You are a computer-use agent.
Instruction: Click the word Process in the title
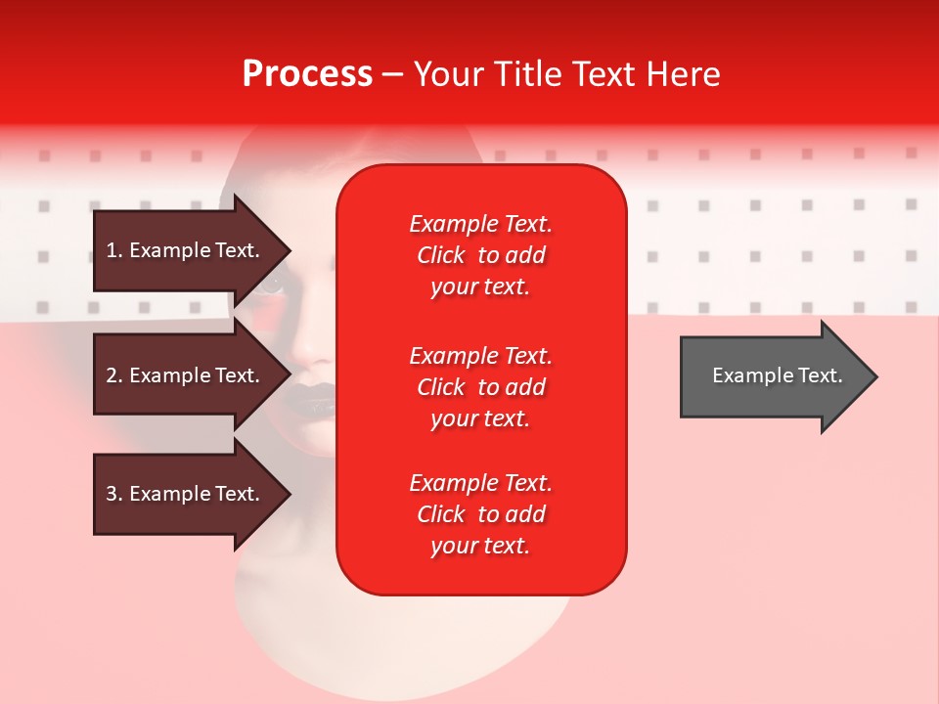307,74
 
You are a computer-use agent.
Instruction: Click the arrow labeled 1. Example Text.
192,250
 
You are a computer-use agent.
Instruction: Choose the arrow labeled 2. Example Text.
192,374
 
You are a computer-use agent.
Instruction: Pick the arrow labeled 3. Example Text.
192,494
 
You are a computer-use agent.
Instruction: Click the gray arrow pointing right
779,376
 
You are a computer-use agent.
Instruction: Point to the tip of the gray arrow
877,376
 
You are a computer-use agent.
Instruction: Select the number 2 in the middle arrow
112,375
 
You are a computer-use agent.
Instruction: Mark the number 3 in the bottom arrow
112,494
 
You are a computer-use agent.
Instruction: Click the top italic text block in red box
481,255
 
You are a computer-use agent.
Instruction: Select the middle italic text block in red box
481,387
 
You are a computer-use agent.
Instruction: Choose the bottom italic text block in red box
481,513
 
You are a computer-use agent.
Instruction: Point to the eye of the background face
271,286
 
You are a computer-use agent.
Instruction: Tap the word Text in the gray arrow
821,375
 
